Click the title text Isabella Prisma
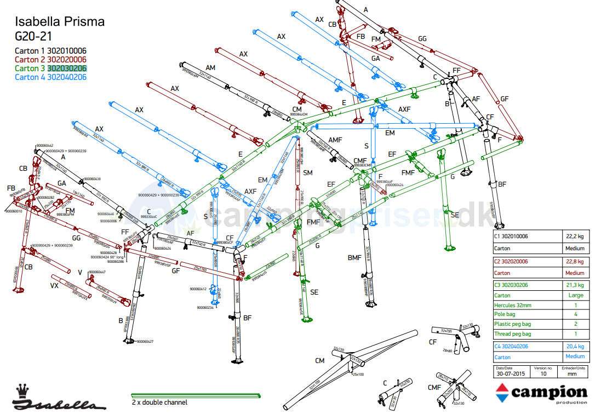pyautogui.click(x=59, y=22)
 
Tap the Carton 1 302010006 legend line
pyautogui.click(x=50, y=51)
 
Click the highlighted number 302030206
pyautogui.click(x=67, y=68)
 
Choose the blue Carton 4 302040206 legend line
pyautogui.click(x=50, y=77)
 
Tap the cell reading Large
pyautogui.click(x=575, y=295)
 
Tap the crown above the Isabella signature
pyautogui.click(x=22, y=390)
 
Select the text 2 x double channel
pyautogui.click(x=159, y=403)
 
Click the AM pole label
pyautogui.click(x=210, y=67)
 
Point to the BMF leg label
pyautogui.click(x=354, y=258)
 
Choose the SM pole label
pyautogui.click(x=308, y=173)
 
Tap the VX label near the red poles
pyautogui.click(x=54, y=286)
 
